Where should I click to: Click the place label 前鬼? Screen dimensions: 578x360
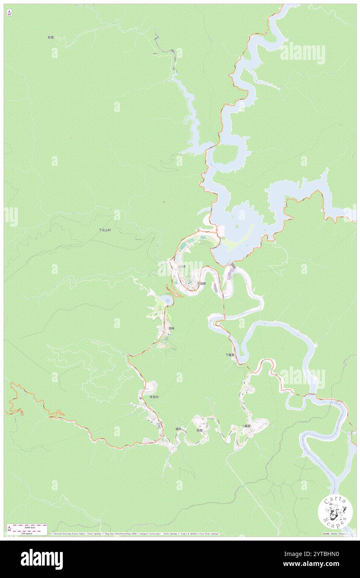pos(51,37)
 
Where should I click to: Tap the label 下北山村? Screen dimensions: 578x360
pos(105,230)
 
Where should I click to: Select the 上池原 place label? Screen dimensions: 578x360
pos(182,266)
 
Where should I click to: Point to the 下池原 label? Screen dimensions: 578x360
pos(201,283)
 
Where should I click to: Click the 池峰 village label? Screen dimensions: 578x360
pos(171,328)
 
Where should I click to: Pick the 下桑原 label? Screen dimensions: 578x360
pos(230,355)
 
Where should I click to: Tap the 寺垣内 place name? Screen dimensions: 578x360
pos(154,397)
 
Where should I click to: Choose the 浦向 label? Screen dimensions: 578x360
pos(178,429)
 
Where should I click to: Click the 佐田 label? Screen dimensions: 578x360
pos(200,430)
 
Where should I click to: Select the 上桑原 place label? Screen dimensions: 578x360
pos(246,426)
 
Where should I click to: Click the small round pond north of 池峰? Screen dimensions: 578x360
pos(166,300)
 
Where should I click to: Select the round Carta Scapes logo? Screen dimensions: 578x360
pos(335,512)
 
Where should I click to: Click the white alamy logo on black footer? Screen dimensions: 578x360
pos(42,559)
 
